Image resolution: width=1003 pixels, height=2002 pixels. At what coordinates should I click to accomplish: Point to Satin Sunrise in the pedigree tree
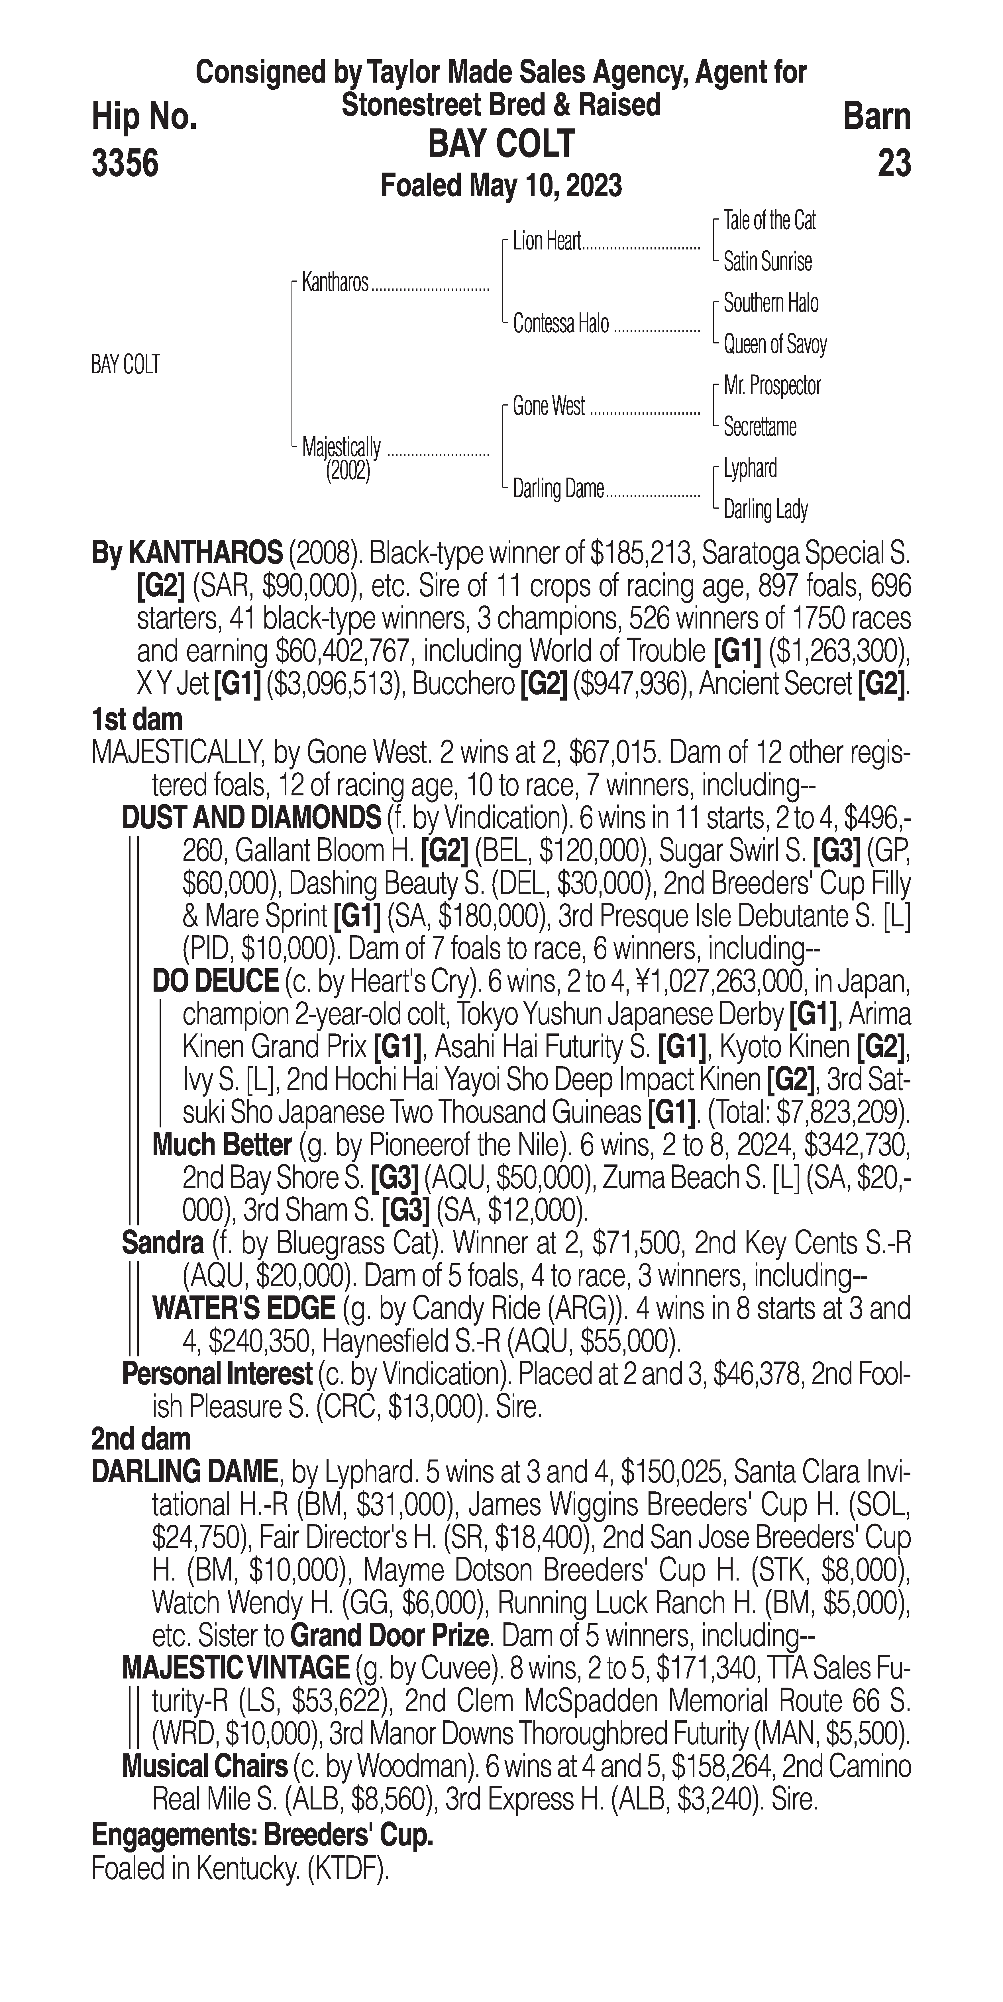pyautogui.click(x=767, y=262)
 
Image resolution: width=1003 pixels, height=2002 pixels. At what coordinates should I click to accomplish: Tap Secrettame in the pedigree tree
pyautogui.click(x=760, y=427)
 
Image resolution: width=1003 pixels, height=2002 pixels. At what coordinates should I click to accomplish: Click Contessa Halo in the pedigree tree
pyautogui.click(x=560, y=324)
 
